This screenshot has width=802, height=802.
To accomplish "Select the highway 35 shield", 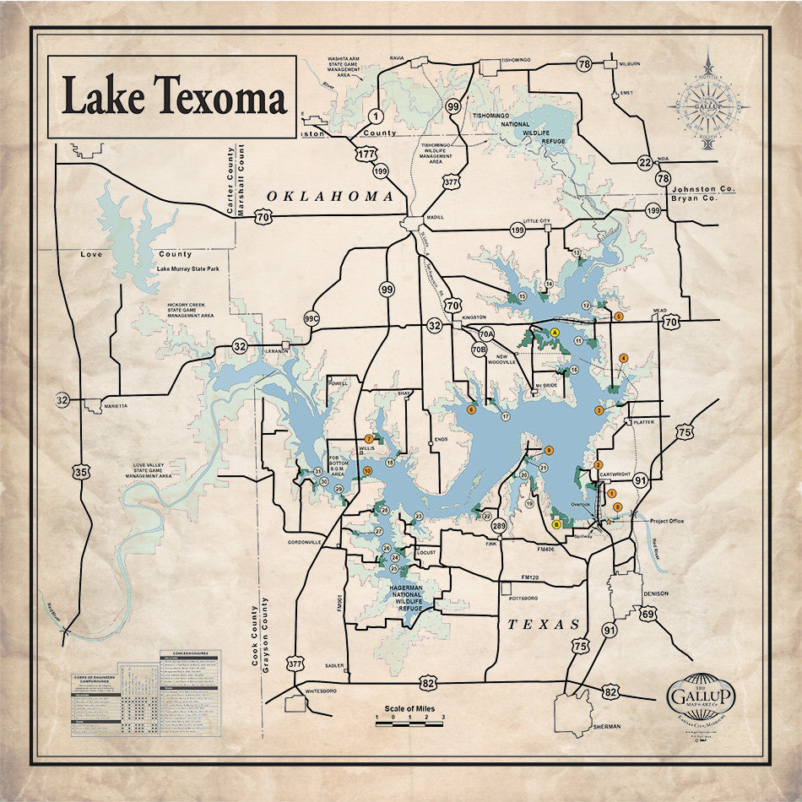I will click(80, 472).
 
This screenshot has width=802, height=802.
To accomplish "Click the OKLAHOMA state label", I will click(330, 196).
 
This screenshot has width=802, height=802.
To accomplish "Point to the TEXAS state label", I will click(544, 625).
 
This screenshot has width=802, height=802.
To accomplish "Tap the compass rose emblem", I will click(707, 105).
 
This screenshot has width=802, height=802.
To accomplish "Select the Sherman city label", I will click(606, 726).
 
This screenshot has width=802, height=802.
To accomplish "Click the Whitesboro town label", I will click(320, 691).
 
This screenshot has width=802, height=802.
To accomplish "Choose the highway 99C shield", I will click(312, 319).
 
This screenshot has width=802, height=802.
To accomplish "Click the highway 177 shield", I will click(366, 154).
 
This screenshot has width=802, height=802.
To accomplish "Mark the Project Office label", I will click(666, 521).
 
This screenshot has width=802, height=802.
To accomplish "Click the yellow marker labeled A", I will click(555, 333).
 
